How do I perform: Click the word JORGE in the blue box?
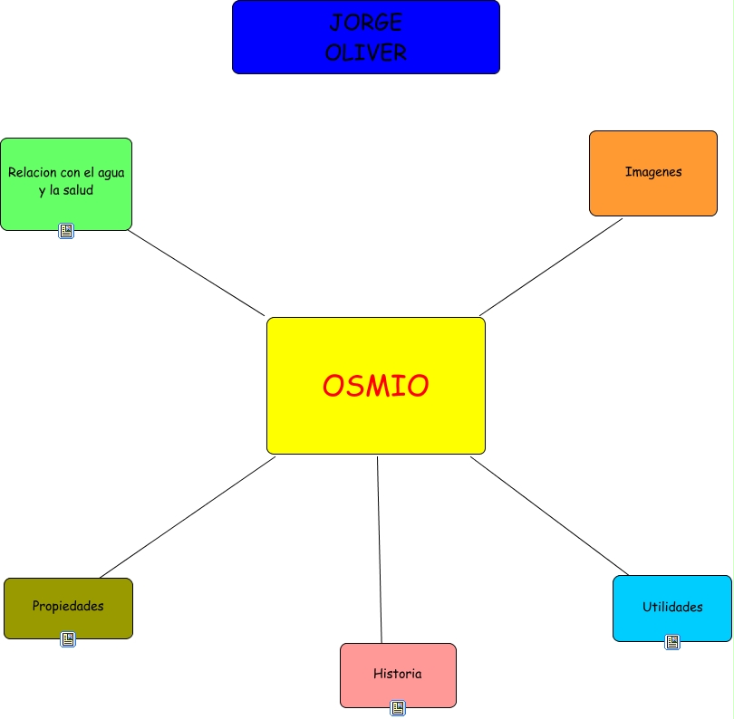(x=366, y=23)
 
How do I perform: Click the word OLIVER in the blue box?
(x=366, y=53)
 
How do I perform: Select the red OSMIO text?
(x=375, y=386)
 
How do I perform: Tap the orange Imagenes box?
(x=652, y=172)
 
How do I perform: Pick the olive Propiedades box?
(x=68, y=607)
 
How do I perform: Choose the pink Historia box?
(x=398, y=675)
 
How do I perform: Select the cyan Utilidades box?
(x=672, y=608)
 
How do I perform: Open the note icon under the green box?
(x=66, y=231)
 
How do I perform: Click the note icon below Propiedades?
(x=68, y=639)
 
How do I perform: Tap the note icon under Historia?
(x=398, y=707)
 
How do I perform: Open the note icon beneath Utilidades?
(x=672, y=641)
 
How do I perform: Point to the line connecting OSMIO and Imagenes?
(x=551, y=266)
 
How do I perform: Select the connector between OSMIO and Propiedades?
(x=188, y=517)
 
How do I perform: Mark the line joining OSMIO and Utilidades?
(x=549, y=516)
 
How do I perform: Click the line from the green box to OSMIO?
(x=196, y=272)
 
